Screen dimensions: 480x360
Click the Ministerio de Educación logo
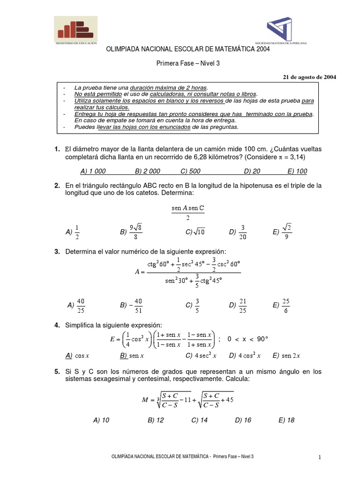click(75, 29)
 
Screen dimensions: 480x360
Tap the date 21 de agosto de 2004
click(308, 76)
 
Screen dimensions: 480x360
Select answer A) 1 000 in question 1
click(80, 171)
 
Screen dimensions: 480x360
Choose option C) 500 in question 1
click(190, 171)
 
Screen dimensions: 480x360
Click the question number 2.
click(57, 186)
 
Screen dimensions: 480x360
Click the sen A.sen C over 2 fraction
click(187, 212)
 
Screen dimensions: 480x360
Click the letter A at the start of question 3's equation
click(137, 272)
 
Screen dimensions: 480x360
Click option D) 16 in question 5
click(243, 420)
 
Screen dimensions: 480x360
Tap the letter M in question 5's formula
click(145, 400)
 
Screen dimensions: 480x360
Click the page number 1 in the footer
click(319, 457)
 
